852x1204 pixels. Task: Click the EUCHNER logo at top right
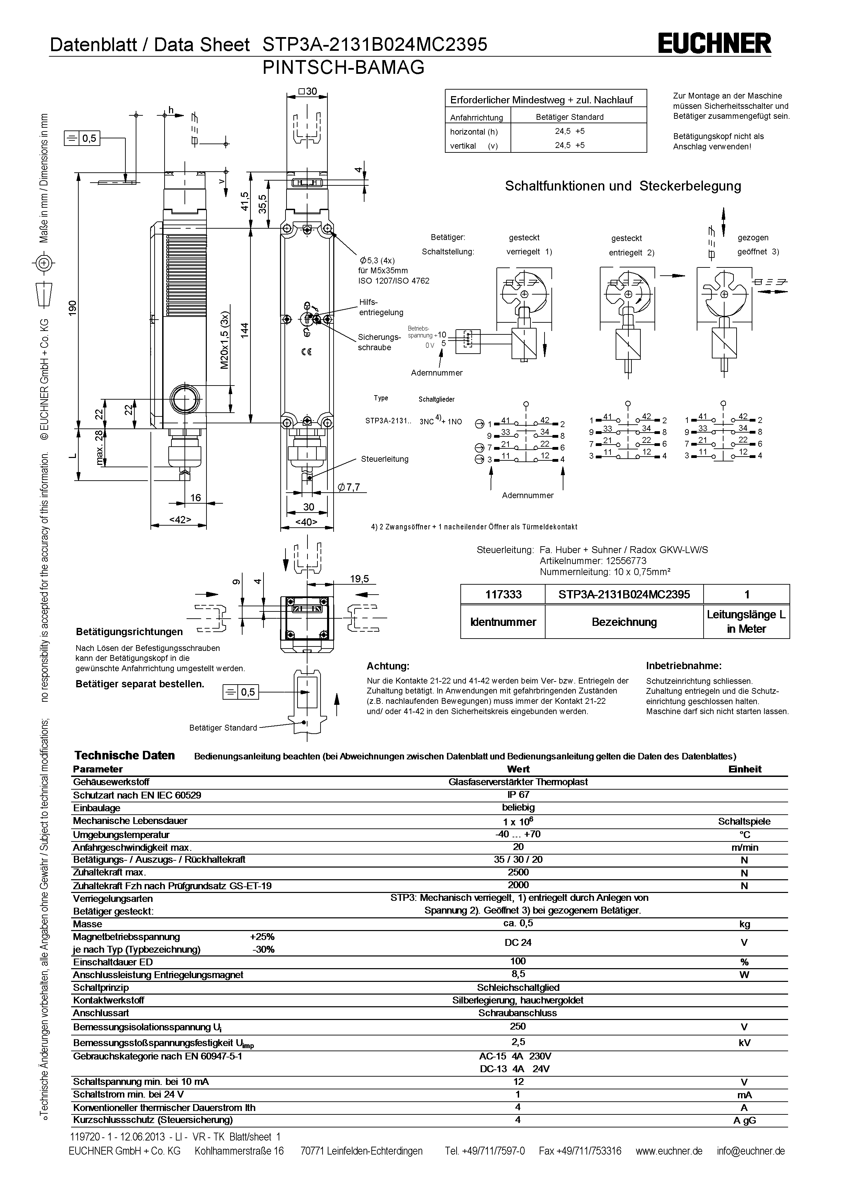pos(715,44)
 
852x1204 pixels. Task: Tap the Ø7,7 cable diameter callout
pos(349,487)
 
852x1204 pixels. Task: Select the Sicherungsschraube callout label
pos(379,342)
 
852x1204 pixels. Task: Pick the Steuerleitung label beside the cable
pos(384,459)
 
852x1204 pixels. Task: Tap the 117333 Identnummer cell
pos(503,594)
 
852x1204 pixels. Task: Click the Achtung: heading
pos(388,666)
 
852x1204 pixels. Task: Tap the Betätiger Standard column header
pos(569,117)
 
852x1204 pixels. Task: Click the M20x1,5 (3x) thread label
pos(225,341)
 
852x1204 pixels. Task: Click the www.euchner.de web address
pos(669,1151)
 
